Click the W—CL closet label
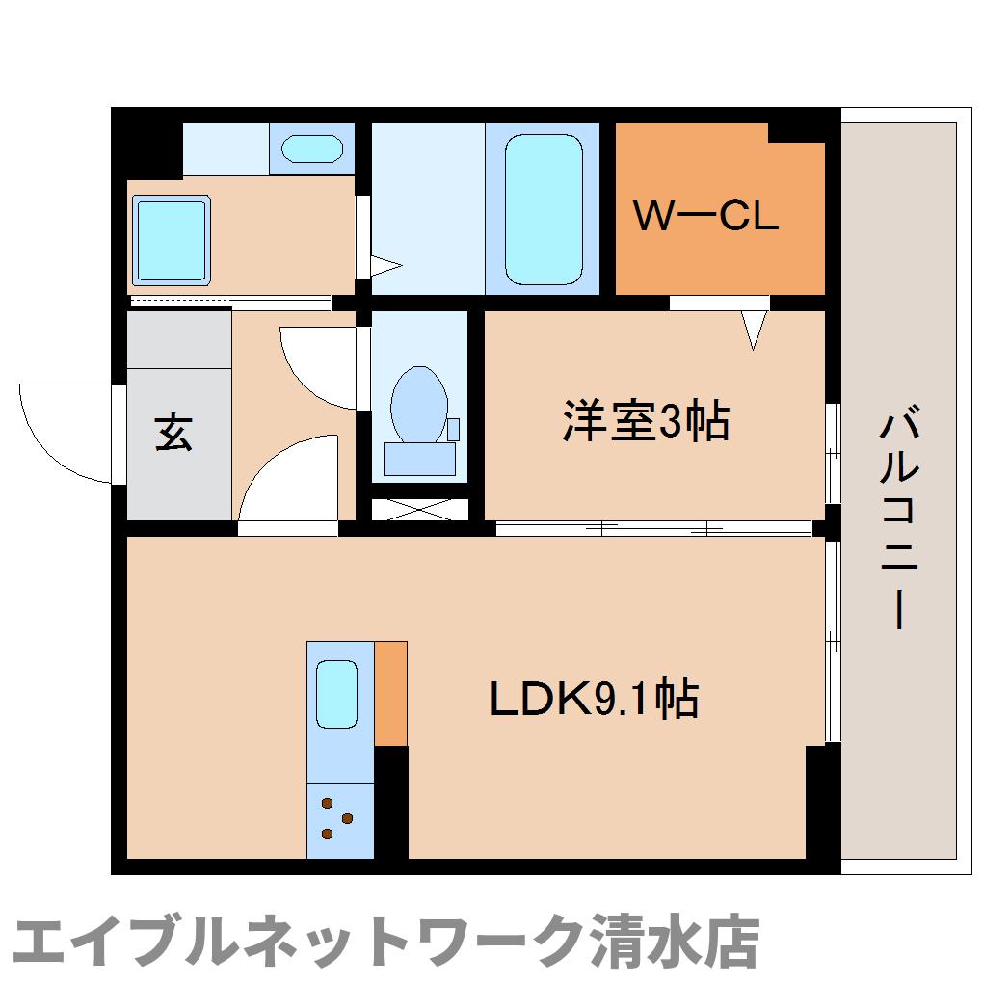705,216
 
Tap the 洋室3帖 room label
646,421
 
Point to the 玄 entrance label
174,433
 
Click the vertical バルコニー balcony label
897,520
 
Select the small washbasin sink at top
311,149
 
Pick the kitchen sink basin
336,692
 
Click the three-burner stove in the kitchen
338,819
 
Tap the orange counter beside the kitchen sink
390,692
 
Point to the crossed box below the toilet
419,508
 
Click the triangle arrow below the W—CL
755,329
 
